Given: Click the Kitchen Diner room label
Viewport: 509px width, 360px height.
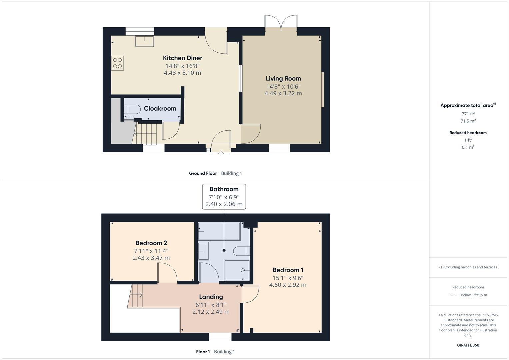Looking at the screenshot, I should tap(182, 58).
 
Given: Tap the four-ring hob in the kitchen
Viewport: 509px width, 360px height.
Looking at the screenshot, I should tap(118, 63).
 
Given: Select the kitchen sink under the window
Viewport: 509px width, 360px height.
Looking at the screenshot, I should tap(144, 41).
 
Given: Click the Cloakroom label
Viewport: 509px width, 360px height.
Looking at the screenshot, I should tap(160, 108).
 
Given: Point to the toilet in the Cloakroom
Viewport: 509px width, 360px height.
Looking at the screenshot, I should tap(133, 109).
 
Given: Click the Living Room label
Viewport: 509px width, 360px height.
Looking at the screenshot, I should tap(283, 78).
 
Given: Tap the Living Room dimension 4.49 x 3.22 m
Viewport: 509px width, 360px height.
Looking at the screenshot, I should tap(283, 93).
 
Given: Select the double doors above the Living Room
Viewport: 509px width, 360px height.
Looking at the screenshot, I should tap(281, 24).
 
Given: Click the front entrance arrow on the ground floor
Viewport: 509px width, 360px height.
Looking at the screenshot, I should tap(221, 153).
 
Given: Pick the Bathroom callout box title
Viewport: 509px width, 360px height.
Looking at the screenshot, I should tap(224, 189).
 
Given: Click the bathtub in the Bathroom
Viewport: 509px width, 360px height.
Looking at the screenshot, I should tap(219, 231).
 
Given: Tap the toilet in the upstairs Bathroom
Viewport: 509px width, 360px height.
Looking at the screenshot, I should tap(241, 251).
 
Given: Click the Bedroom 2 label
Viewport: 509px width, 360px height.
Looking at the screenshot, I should tap(151, 243).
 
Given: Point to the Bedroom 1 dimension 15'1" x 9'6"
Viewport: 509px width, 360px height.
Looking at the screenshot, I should tap(288, 278).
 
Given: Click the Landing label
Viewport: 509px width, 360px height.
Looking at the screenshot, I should tap(211, 297).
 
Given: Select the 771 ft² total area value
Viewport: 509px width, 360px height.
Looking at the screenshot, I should tap(468, 114).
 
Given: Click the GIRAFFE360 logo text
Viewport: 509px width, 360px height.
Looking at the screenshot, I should tap(468, 345).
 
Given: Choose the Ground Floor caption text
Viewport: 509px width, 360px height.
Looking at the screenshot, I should tap(203, 173).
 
